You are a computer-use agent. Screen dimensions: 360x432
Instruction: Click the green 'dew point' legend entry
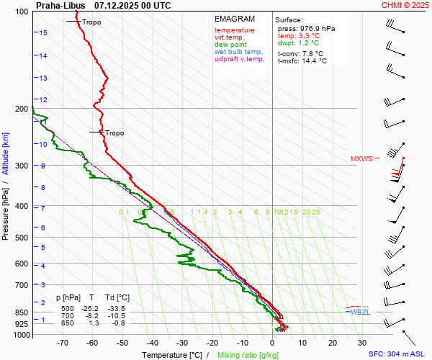coord(230,45)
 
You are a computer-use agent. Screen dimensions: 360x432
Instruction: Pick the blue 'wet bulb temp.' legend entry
coord(238,52)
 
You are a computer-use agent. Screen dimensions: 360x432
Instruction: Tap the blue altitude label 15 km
coord(44,33)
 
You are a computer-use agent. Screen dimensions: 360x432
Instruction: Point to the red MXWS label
coord(361,159)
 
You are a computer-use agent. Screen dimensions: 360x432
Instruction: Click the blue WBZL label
coord(359,312)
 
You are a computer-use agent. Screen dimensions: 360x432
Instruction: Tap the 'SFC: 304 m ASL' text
coord(399,354)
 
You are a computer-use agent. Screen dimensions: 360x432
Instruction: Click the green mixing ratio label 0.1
coord(124,212)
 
